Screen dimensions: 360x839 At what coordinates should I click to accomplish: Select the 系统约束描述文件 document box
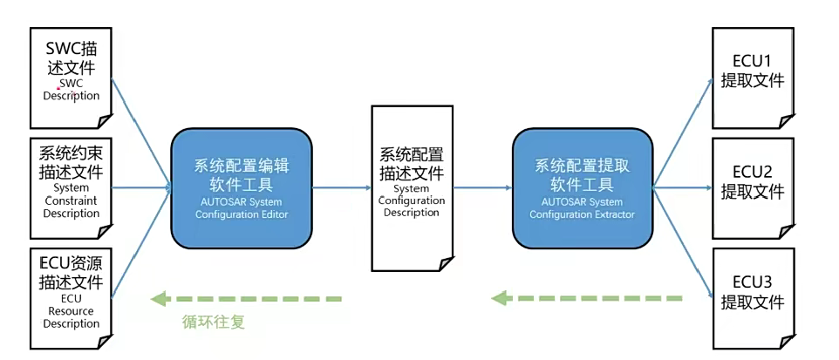tap(71, 187)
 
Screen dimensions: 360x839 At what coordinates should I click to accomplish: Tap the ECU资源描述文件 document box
tap(71, 296)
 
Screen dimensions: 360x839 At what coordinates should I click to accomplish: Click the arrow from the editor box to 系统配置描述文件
tap(341, 187)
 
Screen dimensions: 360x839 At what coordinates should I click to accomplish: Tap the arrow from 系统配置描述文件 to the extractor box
tap(481, 187)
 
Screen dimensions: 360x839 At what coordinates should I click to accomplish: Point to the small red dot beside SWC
tap(58, 88)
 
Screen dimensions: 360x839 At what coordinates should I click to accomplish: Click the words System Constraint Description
tap(71, 200)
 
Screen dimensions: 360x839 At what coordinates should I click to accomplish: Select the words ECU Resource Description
tap(71, 310)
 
